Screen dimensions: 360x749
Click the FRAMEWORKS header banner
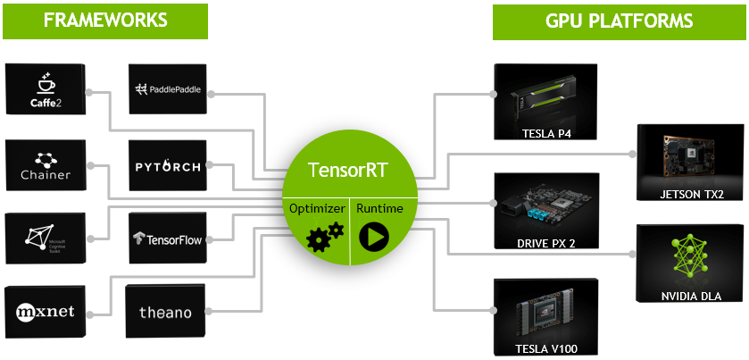coord(105,21)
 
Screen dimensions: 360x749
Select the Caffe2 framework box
coord(45,92)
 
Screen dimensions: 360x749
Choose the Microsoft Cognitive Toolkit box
coord(45,238)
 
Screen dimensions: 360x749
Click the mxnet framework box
coord(45,311)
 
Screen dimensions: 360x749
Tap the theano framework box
coord(167,312)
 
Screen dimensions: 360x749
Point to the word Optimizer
coord(315,208)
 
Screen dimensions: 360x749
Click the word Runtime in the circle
coord(379,208)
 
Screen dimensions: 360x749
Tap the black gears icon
coord(324,236)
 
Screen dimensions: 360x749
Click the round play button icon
coord(373,237)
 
